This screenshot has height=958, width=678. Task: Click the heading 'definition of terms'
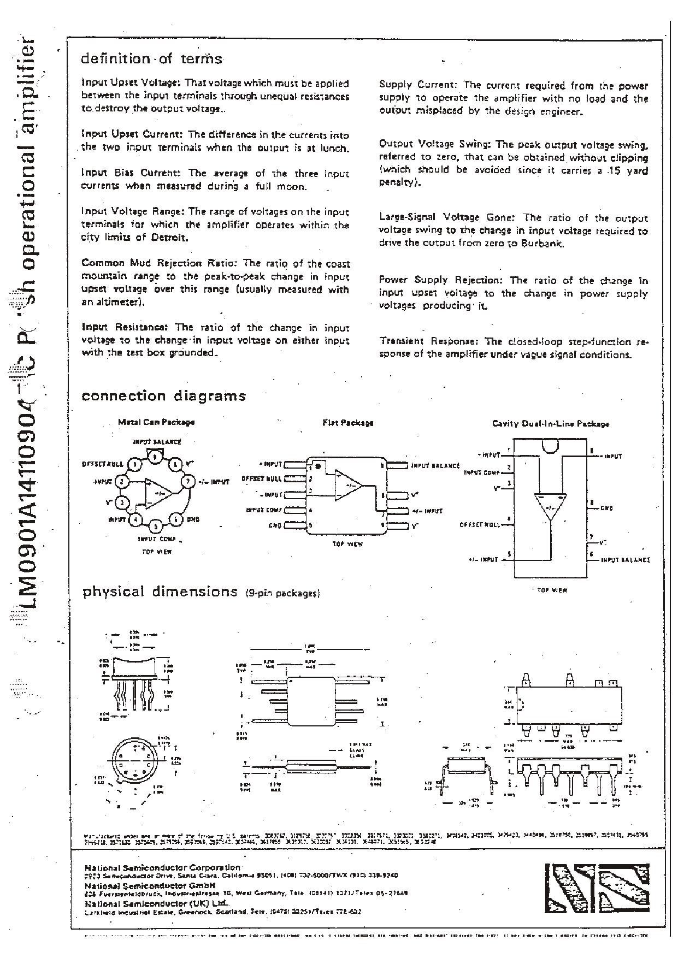coord(151,59)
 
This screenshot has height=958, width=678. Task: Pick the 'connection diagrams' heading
coord(163,396)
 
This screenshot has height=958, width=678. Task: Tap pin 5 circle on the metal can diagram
coord(156,527)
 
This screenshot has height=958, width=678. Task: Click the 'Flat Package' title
coord(347,423)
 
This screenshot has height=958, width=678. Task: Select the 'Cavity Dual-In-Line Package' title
coord(550,424)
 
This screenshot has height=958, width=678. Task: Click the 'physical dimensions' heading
coord(160,592)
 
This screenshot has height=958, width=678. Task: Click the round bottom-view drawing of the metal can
coord(133,763)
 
